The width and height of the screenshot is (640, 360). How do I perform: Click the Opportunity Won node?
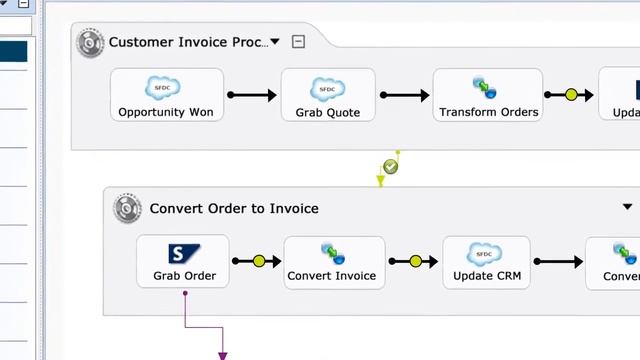click(166, 95)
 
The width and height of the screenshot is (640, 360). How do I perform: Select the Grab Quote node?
click(328, 95)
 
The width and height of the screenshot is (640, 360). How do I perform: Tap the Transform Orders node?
click(488, 95)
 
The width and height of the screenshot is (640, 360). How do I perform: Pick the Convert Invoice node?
click(333, 262)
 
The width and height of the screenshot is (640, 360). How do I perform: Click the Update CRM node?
click(486, 262)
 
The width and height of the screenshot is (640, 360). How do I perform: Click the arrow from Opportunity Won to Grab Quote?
click(252, 95)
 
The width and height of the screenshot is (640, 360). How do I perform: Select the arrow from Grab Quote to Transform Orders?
click(405, 95)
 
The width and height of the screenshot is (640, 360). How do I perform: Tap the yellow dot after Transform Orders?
click(572, 95)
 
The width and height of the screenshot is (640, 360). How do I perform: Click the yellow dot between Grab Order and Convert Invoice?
click(259, 262)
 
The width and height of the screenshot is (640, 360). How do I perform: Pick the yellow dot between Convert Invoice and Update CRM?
click(416, 262)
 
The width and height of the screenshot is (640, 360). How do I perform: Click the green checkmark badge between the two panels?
click(391, 167)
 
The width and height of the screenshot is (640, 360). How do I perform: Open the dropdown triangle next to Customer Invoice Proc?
click(275, 42)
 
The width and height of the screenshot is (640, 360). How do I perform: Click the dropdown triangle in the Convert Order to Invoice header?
click(627, 208)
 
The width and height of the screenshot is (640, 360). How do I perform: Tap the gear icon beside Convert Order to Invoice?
click(127, 208)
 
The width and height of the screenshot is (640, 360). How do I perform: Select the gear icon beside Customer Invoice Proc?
click(91, 42)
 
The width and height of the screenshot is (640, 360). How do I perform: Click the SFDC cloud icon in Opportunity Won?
click(163, 87)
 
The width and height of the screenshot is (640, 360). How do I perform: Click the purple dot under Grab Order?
click(185, 293)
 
